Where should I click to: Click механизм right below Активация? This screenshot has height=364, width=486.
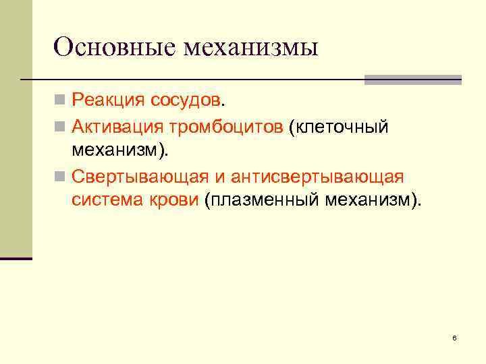tap(117, 150)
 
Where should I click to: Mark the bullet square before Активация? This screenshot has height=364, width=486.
tap(61, 126)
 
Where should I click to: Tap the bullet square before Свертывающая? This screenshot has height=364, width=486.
tap(61, 177)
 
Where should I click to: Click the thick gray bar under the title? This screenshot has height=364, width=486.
tap(412, 79)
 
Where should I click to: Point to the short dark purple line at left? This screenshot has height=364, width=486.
tap(16, 258)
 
